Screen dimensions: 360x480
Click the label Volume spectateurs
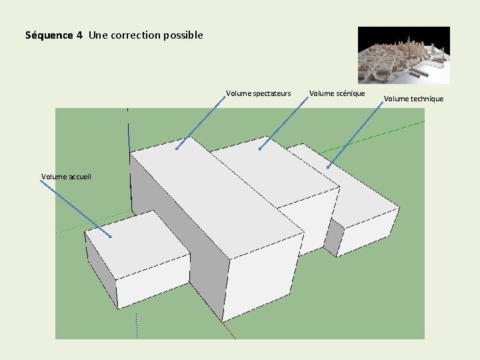(258, 93)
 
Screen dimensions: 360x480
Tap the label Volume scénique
(337, 93)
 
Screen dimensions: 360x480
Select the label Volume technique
(413, 99)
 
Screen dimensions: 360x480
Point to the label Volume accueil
(66, 177)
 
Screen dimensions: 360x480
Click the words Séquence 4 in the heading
(53, 35)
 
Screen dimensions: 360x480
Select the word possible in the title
(181, 35)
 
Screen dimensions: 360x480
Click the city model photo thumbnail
(403, 55)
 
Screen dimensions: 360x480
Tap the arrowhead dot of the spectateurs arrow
(177, 149)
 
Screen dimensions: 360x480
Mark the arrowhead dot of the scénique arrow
(259, 148)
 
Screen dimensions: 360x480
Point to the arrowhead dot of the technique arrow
(328, 167)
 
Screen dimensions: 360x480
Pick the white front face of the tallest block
(263, 280)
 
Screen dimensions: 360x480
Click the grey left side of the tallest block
(177, 220)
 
